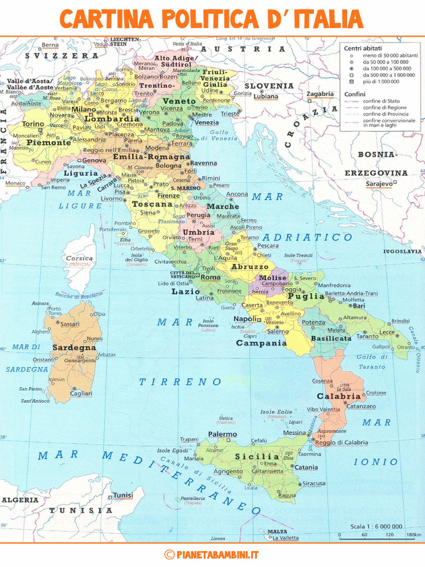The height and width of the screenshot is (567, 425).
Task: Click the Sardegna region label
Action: click(74, 348)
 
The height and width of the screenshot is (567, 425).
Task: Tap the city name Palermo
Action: click(222, 435)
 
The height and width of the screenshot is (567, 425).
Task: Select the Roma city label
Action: click(210, 277)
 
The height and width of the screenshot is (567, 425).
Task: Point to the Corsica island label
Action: click(79, 258)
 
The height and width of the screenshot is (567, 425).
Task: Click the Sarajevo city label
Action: click(379, 183)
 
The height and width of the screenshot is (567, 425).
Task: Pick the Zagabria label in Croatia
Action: click(320, 94)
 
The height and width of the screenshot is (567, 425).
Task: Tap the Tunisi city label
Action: click(123, 495)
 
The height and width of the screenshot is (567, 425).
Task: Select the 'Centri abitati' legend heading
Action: click(360, 48)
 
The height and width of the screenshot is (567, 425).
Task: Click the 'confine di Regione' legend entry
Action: click(385, 107)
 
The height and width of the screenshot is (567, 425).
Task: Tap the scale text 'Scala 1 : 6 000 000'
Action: click(376, 527)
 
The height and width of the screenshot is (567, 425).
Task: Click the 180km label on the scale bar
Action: click(413, 535)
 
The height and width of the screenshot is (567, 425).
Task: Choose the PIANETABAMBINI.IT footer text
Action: click(217, 554)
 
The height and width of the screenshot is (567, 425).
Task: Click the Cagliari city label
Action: click(81, 394)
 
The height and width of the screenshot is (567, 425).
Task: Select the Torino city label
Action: click(33, 124)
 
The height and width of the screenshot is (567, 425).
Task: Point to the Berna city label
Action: click(50, 45)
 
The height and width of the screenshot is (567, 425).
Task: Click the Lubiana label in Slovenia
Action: click(266, 96)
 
